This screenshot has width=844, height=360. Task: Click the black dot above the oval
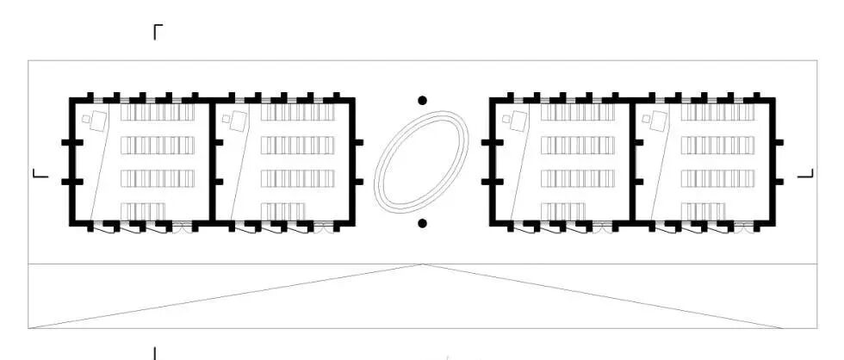point(422,101)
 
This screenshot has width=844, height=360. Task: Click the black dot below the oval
point(422,224)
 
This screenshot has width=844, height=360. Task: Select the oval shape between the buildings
point(422,162)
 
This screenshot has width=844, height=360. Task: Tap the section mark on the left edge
point(40,175)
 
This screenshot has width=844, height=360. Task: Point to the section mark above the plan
point(158,33)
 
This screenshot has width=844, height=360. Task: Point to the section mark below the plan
point(155,352)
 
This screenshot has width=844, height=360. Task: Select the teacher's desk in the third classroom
point(518,121)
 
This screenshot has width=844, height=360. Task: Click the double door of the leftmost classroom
point(183,228)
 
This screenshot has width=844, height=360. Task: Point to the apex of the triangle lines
point(422,264)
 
